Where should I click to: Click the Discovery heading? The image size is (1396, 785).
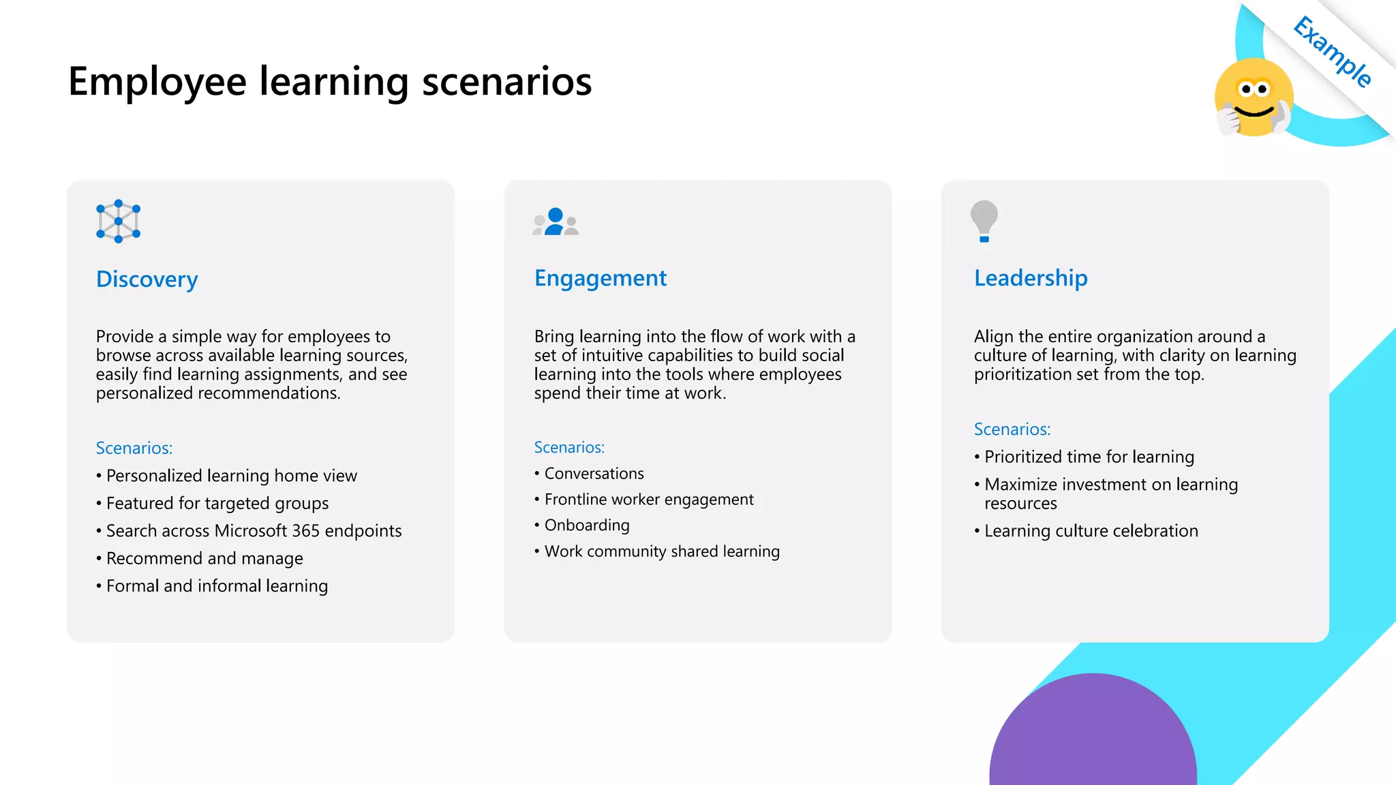tap(147, 279)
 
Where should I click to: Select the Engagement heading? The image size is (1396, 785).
tap(600, 278)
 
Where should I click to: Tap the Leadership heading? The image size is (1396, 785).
tap(1030, 278)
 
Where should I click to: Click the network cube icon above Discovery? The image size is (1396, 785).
tap(118, 221)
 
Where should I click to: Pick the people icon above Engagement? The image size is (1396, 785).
tap(556, 222)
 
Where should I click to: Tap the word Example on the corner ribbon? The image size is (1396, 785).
tap(1332, 52)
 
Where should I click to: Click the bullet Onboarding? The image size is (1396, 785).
tap(586, 525)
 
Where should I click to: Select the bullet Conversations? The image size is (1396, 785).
tap(594, 474)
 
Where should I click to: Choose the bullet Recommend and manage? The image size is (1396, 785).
tap(204, 559)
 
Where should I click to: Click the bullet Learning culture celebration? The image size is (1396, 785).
tap(1091, 531)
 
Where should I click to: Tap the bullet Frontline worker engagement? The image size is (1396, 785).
tap(648, 499)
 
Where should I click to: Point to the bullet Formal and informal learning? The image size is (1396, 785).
tap(217, 586)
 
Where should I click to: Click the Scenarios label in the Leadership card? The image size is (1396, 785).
tap(1012, 429)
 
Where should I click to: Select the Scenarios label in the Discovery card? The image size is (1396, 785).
tap(134, 448)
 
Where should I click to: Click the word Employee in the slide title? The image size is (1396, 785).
tap(157, 82)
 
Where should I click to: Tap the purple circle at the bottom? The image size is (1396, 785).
tap(1093, 736)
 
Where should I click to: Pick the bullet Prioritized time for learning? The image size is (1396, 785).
tap(1089, 457)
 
